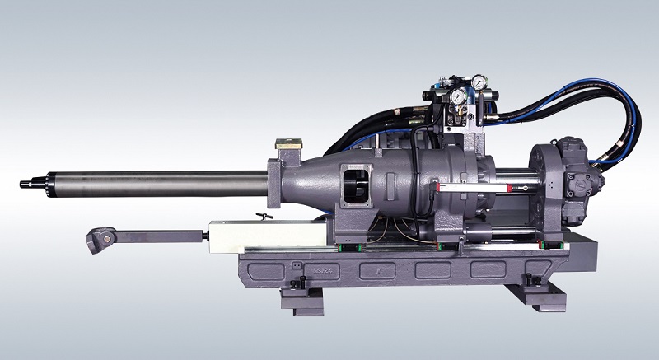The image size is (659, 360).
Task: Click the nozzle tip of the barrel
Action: click(x=22, y=183)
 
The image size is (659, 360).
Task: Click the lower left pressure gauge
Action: click(x=456, y=97)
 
